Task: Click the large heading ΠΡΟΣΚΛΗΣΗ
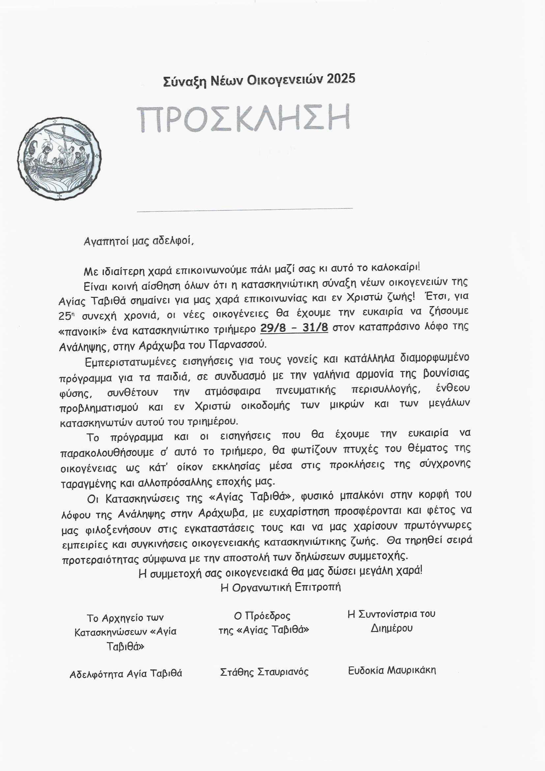click(244, 119)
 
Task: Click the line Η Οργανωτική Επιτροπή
click(281, 587)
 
